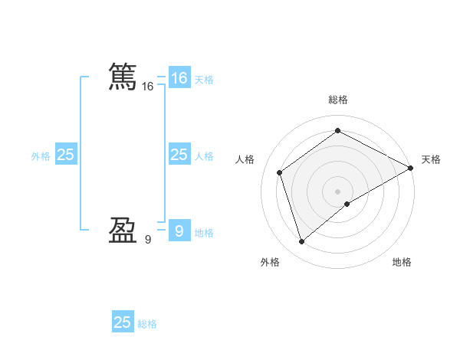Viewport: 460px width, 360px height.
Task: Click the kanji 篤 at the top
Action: click(123, 77)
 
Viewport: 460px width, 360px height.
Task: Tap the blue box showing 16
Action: click(179, 78)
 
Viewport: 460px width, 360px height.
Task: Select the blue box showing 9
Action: click(179, 231)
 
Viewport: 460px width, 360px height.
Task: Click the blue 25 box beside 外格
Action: click(65, 155)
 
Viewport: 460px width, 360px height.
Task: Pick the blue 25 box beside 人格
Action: click(179, 155)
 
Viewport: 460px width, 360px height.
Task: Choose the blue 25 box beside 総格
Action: click(123, 322)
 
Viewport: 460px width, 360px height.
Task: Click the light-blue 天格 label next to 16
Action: click(204, 80)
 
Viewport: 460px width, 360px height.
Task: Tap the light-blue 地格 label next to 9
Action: click(204, 232)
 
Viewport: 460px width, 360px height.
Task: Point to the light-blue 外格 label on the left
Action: click(41, 156)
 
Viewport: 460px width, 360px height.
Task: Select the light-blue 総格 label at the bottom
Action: click(147, 324)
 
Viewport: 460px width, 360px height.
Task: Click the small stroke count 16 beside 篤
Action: click(148, 87)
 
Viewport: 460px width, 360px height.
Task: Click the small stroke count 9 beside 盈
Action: click(148, 240)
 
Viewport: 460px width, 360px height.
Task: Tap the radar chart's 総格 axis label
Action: click(337, 100)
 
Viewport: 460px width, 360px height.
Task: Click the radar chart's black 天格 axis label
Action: click(431, 159)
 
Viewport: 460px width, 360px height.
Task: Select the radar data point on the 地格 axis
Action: click(347, 204)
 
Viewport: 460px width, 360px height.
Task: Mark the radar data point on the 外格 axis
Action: click(301, 242)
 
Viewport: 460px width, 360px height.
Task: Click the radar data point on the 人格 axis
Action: click(280, 172)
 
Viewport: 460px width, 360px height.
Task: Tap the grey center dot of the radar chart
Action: click(337, 191)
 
